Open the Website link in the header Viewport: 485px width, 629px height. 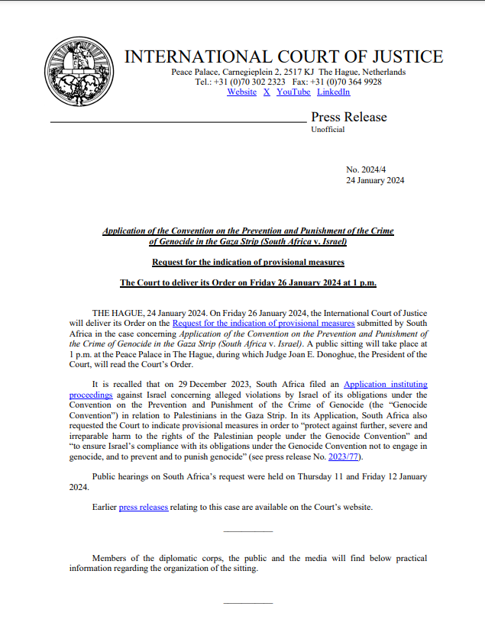(241, 92)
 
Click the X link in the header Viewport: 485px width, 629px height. (267, 92)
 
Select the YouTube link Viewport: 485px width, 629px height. (293, 92)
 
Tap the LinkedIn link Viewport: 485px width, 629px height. (333, 92)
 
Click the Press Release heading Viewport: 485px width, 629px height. (348, 117)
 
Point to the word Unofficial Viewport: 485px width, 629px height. (328, 130)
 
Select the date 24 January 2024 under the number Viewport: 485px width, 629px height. (375, 181)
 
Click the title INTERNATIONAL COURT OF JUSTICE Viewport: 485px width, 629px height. (283, 56)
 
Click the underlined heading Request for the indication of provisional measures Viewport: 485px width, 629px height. (248, 263)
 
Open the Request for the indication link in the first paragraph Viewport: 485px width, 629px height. (264, 324)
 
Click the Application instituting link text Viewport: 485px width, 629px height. (385, 384)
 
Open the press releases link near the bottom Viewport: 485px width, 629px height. (143, 507)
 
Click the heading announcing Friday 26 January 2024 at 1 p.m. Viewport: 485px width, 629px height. (248, 283)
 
